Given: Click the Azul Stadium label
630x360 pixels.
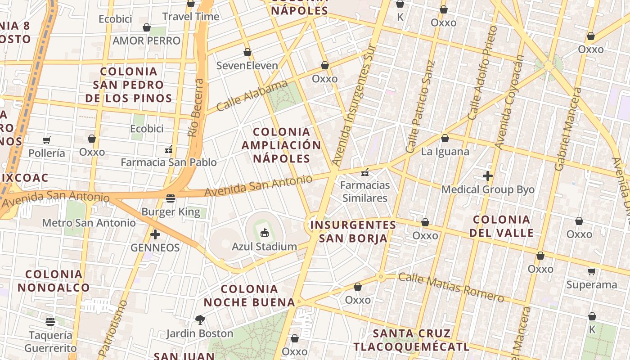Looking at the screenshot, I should tap(264, 247).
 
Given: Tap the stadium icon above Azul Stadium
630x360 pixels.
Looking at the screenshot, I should tap(264, 233).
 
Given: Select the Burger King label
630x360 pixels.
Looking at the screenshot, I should tap(171, 211).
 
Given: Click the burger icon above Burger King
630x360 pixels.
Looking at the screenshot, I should tap(170, 198).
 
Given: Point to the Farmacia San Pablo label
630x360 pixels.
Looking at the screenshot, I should tap(169, 162).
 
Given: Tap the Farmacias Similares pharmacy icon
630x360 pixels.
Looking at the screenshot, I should tap(365, 172).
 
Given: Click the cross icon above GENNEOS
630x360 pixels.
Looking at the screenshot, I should tap(155, 234).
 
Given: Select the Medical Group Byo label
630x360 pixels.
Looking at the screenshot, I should tap(488, 189).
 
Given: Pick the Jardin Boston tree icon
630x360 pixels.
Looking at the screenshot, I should tap(200, 320).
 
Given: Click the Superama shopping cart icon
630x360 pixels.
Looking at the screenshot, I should tap(591, 271).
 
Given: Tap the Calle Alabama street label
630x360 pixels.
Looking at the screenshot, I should tap(252, 95).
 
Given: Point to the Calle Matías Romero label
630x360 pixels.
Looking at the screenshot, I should tap(451, 287).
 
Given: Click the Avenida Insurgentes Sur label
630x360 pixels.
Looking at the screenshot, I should tap(354, 104).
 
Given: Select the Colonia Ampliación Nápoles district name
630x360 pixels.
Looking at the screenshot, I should tap(282, 145).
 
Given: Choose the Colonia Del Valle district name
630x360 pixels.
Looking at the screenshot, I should tap(502, 226).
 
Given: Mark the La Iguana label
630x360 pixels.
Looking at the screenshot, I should tap(445, 152).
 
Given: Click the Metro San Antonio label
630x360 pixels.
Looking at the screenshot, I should tap(89, 223).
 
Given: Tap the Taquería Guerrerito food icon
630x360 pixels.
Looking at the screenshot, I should tap(50, 321).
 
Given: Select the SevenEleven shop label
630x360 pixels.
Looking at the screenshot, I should tap(247, 66).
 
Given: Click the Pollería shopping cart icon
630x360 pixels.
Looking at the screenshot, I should tap(47, 139).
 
